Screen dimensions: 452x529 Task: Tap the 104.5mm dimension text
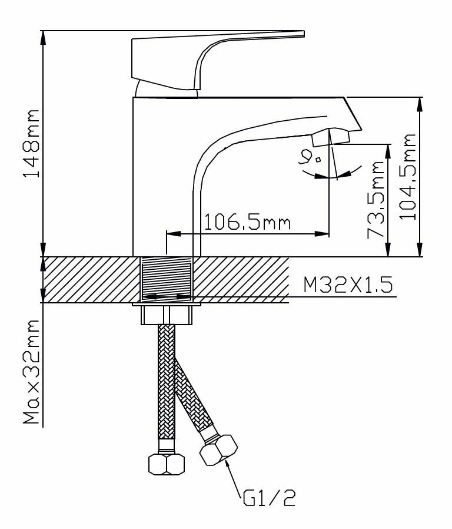tap(407, 177)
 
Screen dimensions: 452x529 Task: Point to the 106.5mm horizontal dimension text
tap(247, 223)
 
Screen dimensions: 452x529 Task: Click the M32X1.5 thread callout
tap(348, 286)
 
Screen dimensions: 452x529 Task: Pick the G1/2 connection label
tap(268, 499)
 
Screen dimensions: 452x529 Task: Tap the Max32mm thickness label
tap(31, 372)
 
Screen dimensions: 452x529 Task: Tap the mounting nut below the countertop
tap(167, 315)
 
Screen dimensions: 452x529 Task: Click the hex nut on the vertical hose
tap(167, 464)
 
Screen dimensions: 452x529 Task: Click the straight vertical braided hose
tap(167, 383)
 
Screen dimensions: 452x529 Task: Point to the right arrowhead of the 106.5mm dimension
tap(323, 234)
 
